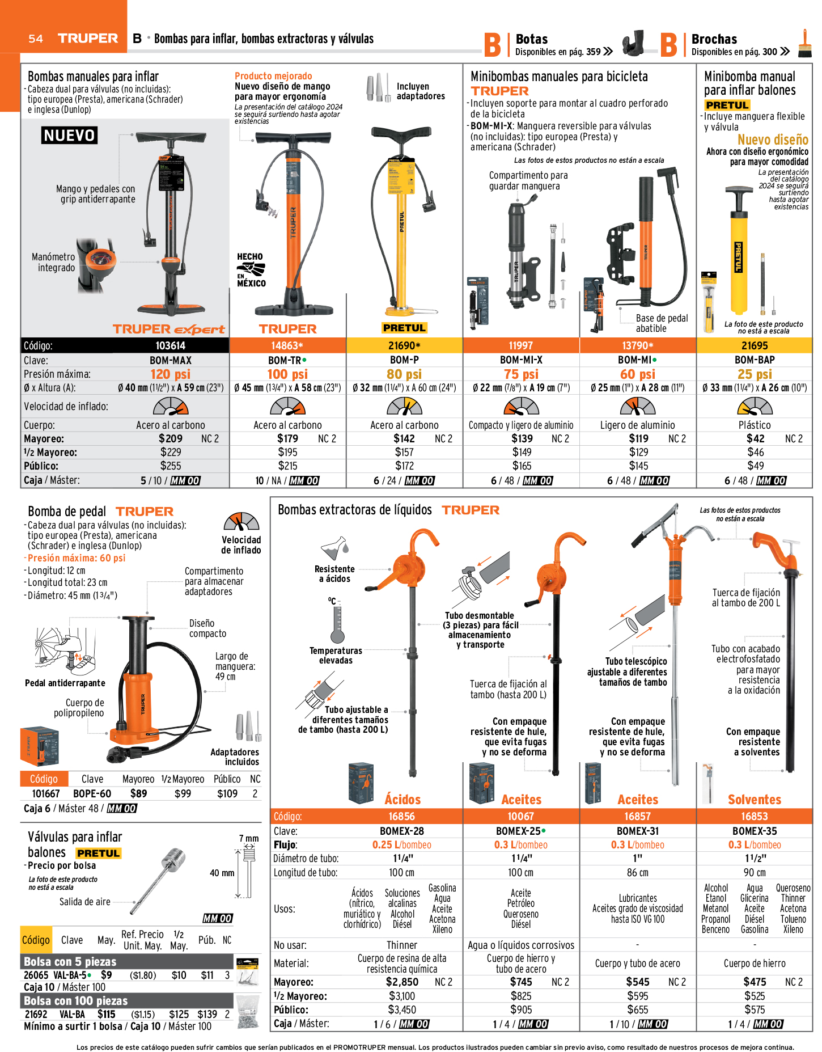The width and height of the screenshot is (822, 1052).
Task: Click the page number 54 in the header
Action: (x=36, y=39)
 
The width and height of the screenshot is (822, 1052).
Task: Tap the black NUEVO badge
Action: (x=69, y=136)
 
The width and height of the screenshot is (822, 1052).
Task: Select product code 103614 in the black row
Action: (x=171, y=345)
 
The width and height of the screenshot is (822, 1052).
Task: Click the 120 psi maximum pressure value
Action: (x=171, y=374)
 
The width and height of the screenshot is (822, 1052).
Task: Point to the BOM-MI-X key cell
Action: (x=521, y=360)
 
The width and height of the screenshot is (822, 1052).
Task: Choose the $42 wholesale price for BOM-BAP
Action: (x=755, y=438)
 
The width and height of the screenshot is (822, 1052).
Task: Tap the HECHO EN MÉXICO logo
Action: (x=251, y=270)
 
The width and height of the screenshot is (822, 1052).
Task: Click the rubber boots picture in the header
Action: (x=634, y=43)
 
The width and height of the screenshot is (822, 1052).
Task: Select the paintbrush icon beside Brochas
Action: (x=804, y=44)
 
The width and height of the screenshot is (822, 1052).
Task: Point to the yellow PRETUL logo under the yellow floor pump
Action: (x=404, y=328)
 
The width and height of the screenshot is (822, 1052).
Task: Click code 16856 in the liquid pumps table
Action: (x=401, y=816)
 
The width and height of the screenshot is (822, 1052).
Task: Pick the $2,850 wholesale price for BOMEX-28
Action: (x=402, y=982)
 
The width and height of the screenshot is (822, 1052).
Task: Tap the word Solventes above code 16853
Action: (x=755, y=800)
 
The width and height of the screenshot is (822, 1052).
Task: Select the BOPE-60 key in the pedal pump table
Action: (x=92, y=793)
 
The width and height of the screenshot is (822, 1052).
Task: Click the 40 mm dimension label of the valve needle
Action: (x=222, y=873)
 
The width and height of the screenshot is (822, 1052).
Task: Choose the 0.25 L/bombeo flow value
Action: (x=401, y=844)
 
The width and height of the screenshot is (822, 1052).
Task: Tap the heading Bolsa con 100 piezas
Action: (x=75, y=1001)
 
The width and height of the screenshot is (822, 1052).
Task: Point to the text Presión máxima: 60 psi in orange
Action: (x=77, y=558)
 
